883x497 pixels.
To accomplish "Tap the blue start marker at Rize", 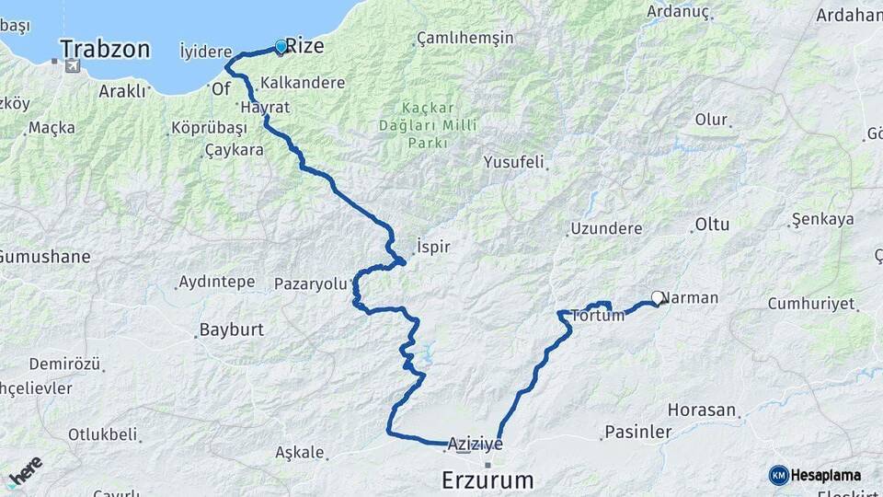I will [x=281, y=45].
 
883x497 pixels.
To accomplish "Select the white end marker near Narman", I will [x=658, y=297].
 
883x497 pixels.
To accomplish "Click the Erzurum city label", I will [x=487, y=480].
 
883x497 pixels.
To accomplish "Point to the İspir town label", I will [x=432, y=247].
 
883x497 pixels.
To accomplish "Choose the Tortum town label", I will [x=598, y=315].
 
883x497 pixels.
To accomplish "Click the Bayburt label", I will [x=232, y=329].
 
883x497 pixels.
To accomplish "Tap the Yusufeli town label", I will [x=514, y=162].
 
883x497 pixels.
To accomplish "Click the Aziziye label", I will [x=476, y=444].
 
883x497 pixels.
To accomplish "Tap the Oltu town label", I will [x=712, y=224].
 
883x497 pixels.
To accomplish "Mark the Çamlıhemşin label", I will [x=464, y=38].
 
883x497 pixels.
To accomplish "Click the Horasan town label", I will [x=702, y=410].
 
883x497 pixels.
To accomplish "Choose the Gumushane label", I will [x=44, y=256].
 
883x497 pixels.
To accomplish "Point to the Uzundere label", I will [x=605, y=227].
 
